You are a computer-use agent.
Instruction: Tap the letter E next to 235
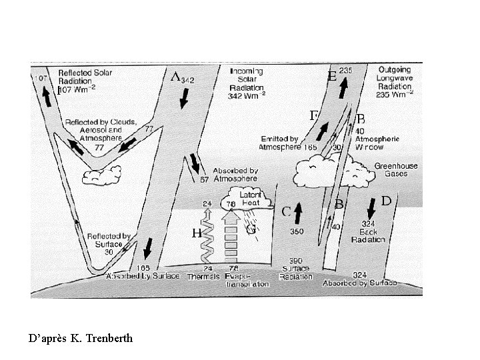point(331,77)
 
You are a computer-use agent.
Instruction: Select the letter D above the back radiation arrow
point(385,201)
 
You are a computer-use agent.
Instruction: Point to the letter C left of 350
point(285,212)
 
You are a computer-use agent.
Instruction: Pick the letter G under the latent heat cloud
point(251,229)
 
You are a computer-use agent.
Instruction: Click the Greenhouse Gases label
point(391,169)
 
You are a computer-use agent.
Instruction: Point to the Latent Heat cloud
point(250,198)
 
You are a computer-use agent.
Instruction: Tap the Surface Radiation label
point(297,268)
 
